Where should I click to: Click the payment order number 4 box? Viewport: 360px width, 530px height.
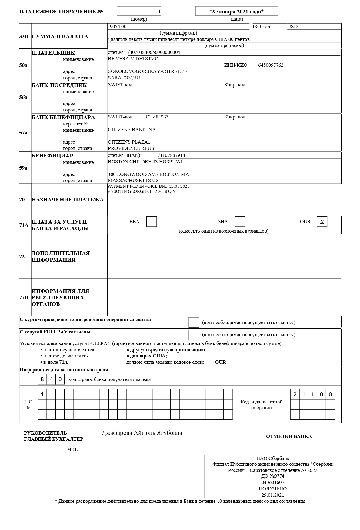tap(139, 11)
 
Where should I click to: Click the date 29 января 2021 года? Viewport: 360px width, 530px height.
tap(237, 12)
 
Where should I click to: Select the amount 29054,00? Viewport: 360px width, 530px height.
tap(117, 27)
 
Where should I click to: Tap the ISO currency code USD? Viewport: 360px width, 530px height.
tap(292, 27)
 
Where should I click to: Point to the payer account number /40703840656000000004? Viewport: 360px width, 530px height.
tap(154, 52)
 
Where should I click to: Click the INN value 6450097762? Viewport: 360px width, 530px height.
tap(271, 65)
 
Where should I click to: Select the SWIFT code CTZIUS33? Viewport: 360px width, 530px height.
tap(157, 117)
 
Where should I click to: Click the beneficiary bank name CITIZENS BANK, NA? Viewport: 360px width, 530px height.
tap(132, 130)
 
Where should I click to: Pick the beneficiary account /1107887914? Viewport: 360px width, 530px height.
tap(172, 155)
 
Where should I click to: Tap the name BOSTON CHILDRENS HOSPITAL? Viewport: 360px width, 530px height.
tap(145, 162)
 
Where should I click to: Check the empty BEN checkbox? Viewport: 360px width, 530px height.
tap(152, 221)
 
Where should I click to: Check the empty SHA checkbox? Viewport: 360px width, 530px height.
tap(240, 221)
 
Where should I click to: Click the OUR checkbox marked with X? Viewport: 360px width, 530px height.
tap(322, 222)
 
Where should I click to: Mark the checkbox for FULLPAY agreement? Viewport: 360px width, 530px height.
tap(194, 335)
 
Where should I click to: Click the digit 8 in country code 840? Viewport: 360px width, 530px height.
tap(42, 379)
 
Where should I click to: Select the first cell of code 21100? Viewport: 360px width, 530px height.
tap(295, 394)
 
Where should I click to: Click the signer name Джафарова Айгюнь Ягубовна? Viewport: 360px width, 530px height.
tap(142, 433)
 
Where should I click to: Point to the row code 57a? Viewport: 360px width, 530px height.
tap(24, 133)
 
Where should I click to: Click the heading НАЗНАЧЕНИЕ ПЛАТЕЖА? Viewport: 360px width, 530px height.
tap(68, 200)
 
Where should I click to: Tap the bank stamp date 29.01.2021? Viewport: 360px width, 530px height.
tap(273, 495)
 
